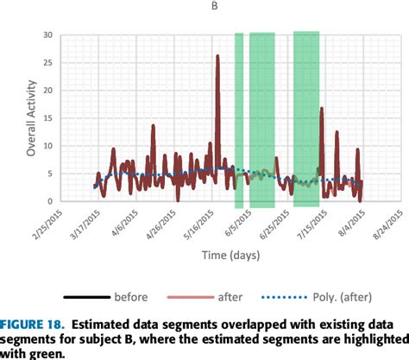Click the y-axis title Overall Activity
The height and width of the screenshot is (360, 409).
32,117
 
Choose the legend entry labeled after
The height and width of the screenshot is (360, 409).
230,297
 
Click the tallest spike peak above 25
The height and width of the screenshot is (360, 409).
217,56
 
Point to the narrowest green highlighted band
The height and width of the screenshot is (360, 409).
239,120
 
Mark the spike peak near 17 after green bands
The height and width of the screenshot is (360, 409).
321,109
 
